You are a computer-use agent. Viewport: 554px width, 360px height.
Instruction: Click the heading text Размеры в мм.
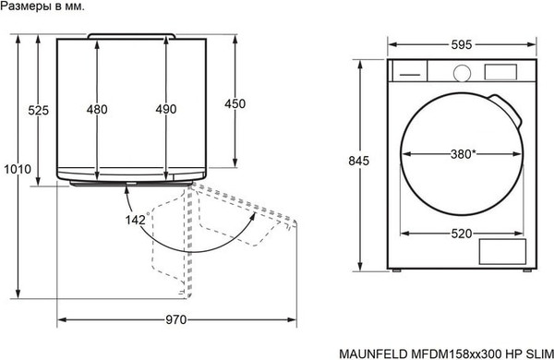(x=43, y=6)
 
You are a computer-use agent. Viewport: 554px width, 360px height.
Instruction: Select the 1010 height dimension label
(x=18, y=169)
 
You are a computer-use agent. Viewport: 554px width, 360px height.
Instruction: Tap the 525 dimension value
(x=38, y=110)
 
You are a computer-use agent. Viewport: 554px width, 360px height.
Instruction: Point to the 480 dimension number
(x=97, y=110)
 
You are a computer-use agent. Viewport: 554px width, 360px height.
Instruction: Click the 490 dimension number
(x=165, y=110)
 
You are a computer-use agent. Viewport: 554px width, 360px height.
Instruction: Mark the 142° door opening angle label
(x=138, y=220)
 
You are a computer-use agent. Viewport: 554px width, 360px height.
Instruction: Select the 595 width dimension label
(x=462, y=44)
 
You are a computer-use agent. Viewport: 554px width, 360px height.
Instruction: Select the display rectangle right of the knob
(x=500, y=72)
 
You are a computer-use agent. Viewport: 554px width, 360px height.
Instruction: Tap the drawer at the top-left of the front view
(x=408, y=71)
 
